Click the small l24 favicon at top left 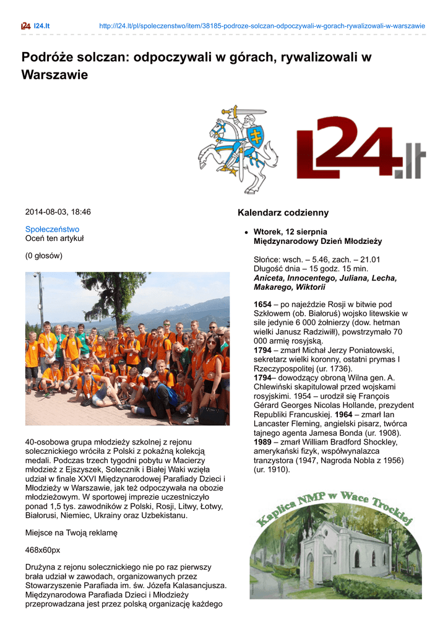pyautogui.click(x=25, y=26)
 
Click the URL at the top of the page pyautogui.click(x=262, y=26)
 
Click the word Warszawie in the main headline pyautogui.click(x=55, y=75)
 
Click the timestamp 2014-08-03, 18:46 pyautogui.click(x=58, y=212)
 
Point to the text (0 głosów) pyautogui.click(x=44, y=255)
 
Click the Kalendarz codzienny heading pyautogui.click(x=283, y=213)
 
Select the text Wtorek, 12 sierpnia pyautogui.click(x=290, y=232)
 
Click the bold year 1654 pyautogui.click(x=263, y=304)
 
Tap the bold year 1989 pyautogui.click(x=263, y=442)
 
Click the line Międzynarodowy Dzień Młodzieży pyautogui.click(x=317, y=241)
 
